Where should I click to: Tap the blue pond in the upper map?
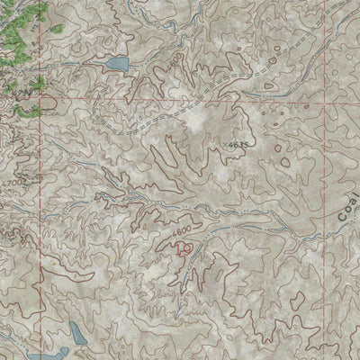tap(116, 64)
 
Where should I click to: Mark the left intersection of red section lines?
tap(40, 93)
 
